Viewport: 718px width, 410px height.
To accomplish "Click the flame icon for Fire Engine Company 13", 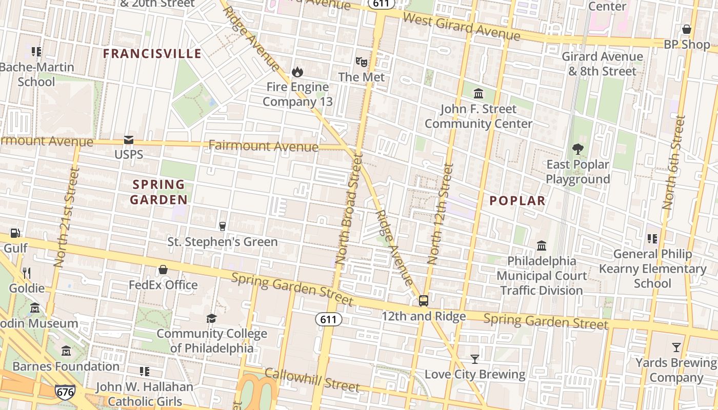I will click(297, 72).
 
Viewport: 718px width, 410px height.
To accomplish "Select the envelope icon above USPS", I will click(128, 140).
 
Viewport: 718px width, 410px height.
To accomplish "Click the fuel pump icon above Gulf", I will click(15, 233).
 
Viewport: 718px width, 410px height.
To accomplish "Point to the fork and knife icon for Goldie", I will click(27, 273).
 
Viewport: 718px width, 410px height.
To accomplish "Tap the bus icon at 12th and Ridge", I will click(424, 301).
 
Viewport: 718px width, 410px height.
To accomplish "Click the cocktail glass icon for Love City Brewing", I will click(475, 359).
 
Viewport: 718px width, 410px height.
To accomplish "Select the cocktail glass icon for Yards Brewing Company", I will click(676, 347).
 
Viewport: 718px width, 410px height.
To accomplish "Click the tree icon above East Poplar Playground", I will click(578, 149).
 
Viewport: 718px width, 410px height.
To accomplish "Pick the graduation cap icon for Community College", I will click(211, 319).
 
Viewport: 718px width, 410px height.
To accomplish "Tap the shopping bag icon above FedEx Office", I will click(163, 270).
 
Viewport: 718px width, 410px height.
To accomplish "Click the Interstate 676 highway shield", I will click(65, 392).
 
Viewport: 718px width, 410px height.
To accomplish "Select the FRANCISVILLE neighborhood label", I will click(152, 54).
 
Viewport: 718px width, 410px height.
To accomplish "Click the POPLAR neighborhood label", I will click(517, 201).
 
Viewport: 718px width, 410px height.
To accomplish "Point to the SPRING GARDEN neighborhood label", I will click(158, 192).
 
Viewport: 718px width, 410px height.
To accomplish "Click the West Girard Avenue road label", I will click(462, 27).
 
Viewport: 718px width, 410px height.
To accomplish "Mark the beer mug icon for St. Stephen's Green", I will click(223, 227).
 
